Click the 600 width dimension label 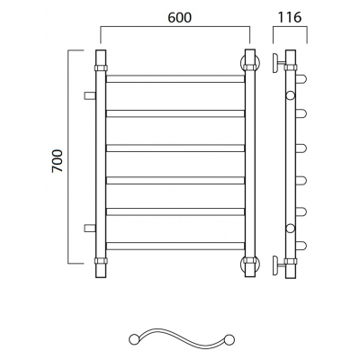[x=179, y=18]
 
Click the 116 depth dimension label [x=290, y=17]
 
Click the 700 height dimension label [x=58, y=161]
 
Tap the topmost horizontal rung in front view [x=175, y=78]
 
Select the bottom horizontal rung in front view [x=175, y=246]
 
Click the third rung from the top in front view [x=175, y=148]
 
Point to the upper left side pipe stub [x=90, y=95]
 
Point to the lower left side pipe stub [x=90, y=228]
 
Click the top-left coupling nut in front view [x=101, y=67]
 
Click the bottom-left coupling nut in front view [x=101, y=260]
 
